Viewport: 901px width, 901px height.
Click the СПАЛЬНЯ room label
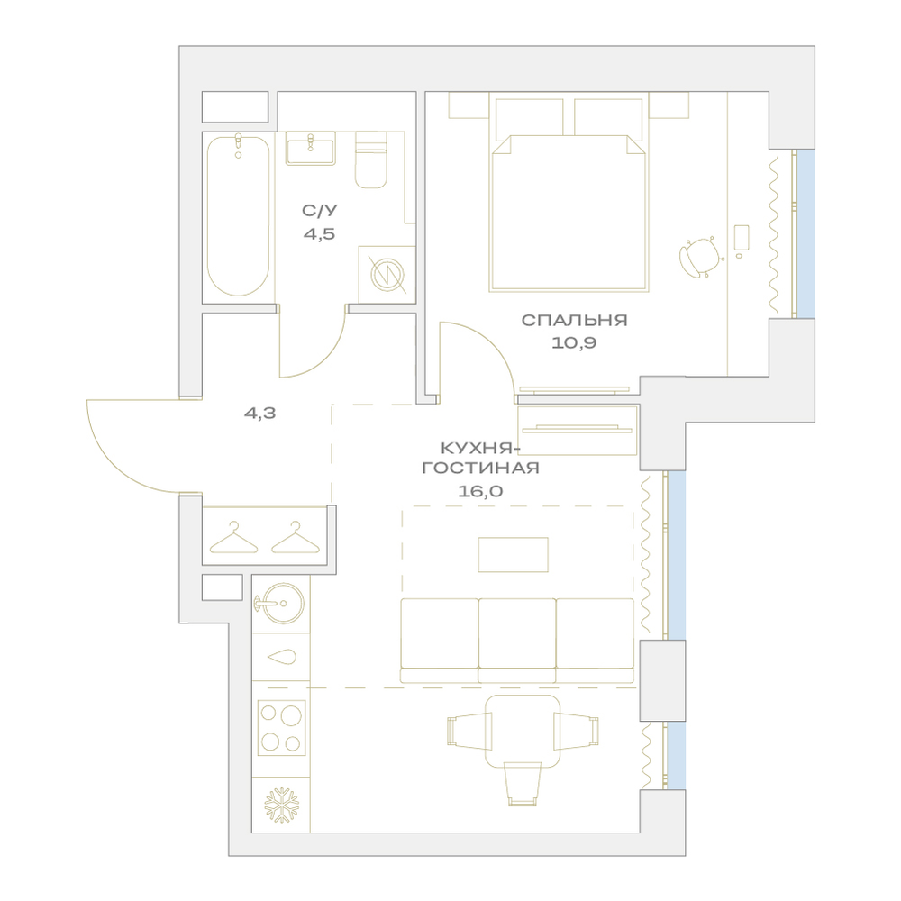click(574, 320)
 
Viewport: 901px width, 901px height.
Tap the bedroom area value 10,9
click(574, 343)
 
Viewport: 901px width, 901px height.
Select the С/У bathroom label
click(320, 211)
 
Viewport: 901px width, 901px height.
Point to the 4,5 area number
click(320, 234)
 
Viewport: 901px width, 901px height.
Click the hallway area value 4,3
click(260, 413)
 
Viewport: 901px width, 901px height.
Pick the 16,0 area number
click(480, 491)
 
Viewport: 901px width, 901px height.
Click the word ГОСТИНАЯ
click(481, 468)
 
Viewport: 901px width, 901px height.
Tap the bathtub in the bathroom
click(238, 216)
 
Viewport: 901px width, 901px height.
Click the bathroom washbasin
click(310, 149)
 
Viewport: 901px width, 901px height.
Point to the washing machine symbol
click(387, 275)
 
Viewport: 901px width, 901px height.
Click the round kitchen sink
click(280, 603)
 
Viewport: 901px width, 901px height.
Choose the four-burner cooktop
click(281, 728)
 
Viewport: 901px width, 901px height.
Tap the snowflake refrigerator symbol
click(281, 805)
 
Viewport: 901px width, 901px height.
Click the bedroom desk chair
click(701, 257)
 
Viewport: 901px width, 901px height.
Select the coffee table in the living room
click(514, 554)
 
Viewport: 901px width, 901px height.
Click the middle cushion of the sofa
click(517, 640)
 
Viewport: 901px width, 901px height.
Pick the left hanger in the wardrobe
click(234, 538)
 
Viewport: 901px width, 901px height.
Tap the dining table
click(523, 731)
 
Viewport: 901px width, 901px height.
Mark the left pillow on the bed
click(529, 119)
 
